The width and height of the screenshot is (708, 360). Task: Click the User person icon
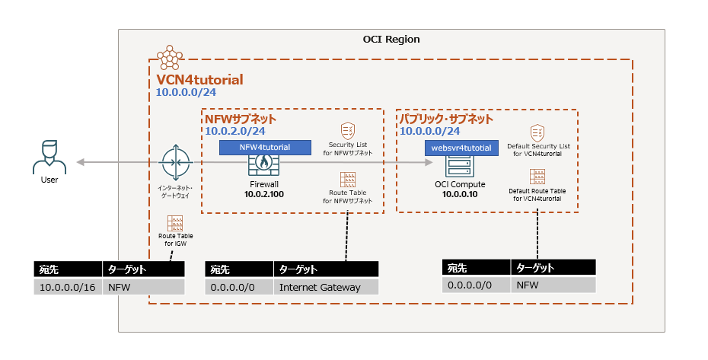point(49,156)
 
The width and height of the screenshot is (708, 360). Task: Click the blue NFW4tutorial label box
point(265,148)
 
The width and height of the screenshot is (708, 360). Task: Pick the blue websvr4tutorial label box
point(461,148)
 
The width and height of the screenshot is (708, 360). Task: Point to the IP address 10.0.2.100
point(264,194)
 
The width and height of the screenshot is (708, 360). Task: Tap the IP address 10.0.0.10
point(461,194)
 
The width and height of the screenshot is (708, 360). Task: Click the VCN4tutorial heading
point(199,79)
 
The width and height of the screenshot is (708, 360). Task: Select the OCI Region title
point(391,39)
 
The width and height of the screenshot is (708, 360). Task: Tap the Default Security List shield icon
point(537,132)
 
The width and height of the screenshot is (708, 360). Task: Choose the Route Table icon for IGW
point(176,224)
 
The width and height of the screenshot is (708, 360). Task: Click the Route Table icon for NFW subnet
point(348,180)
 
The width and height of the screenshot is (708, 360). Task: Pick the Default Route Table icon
point(537,177)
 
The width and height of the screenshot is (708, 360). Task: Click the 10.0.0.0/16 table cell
point(69,287)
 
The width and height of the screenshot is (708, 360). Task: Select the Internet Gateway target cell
point(325,287)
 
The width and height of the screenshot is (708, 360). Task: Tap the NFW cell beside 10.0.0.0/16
point(143,287)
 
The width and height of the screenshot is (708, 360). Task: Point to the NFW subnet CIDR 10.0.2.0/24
point(235,132)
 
